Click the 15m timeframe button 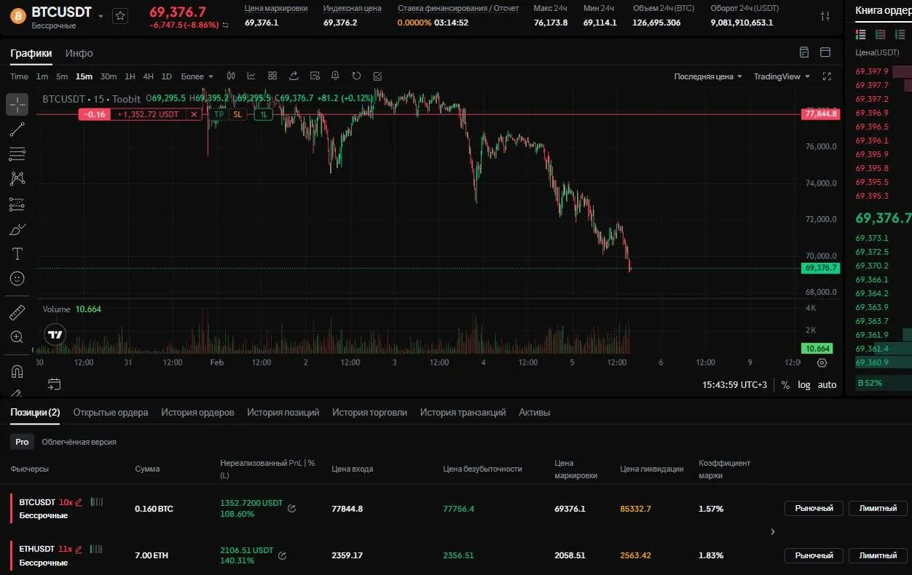point(84,76)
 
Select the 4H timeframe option point(148,76)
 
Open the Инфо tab point(79,53)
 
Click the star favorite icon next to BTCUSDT point(120,15)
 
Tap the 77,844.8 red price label point(821,114)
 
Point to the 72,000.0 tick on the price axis point(820,219)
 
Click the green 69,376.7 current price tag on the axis point(821,268)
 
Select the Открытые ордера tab point(111,412)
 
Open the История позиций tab point(283,412)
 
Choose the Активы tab point(534,412)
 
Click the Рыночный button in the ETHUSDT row point(814,555)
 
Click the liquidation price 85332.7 point(635,509)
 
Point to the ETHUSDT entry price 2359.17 point(347,555)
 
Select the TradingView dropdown point(782,76)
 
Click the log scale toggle point(803,384)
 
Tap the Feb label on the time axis point(216,362)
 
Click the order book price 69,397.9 point(872,71)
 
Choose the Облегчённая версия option point(79,442)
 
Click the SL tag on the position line point(237,114)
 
